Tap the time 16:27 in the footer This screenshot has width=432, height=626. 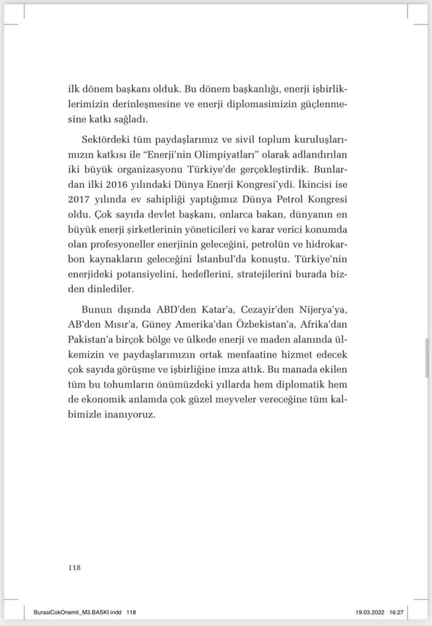point(409,612)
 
